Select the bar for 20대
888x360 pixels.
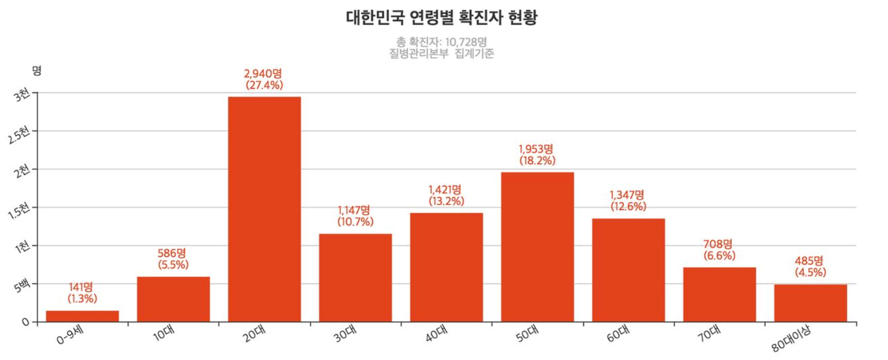tap(264, 209)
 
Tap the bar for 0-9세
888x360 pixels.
tap(82, 316)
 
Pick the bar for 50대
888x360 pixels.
tap(537, 247)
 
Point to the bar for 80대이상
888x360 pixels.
tap(810, 303)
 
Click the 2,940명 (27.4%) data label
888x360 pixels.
tap(264, 79)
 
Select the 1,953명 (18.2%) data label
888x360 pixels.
tap(537, 155)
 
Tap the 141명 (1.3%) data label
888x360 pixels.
tap(82, 293)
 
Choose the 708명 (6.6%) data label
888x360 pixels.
tap(719, 249)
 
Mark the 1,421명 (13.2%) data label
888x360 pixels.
tap(446, 196)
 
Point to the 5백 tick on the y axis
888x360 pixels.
tap(22, 286)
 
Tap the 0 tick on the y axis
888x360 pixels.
tap(25, 322)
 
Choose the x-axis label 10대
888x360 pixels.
tap(167, 336)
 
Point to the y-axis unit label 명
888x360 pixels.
tap(36, 71)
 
